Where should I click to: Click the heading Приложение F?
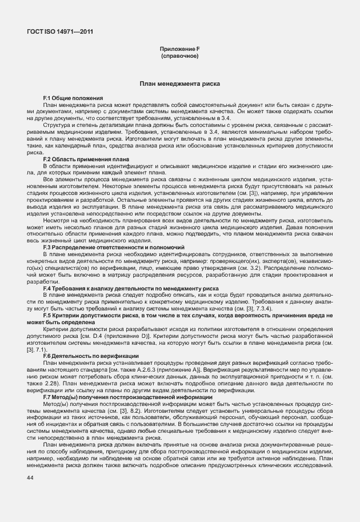179,50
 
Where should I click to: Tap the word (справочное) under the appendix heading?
179,57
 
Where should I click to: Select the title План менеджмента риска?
179,84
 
